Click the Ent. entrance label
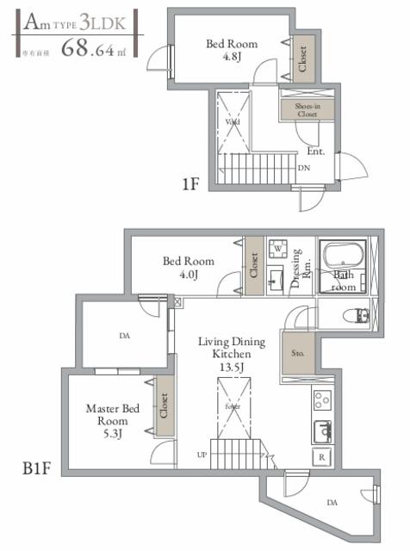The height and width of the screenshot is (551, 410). [x=315, y=152]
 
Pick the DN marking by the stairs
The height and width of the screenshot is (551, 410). [x=304, y=168]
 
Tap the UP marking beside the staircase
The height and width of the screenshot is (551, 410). [x=202, y=454]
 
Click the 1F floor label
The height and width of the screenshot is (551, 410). [x=191, y=183]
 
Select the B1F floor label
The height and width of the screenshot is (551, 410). [x=37, y=471]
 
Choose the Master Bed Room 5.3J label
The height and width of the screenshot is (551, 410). [x=112, y=421]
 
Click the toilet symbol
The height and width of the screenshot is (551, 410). [x=361, y=315]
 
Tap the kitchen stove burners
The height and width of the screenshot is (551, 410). [x=322, y=400]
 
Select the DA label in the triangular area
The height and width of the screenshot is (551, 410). [x=331, y=502]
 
